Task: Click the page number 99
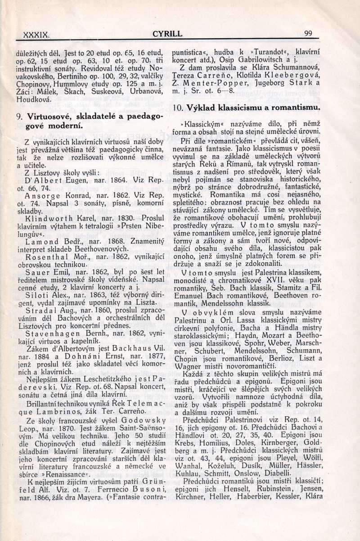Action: (308, 33)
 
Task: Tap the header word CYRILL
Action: (167, 33)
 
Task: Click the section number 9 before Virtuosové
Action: (18, 116)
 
